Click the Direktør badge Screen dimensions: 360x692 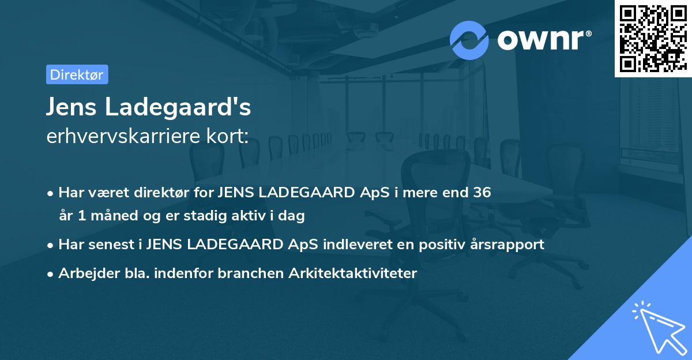(77, 74)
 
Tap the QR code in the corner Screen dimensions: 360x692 (653, 38)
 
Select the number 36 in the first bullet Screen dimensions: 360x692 (482, 192)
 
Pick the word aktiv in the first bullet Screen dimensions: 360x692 (243, 216)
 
